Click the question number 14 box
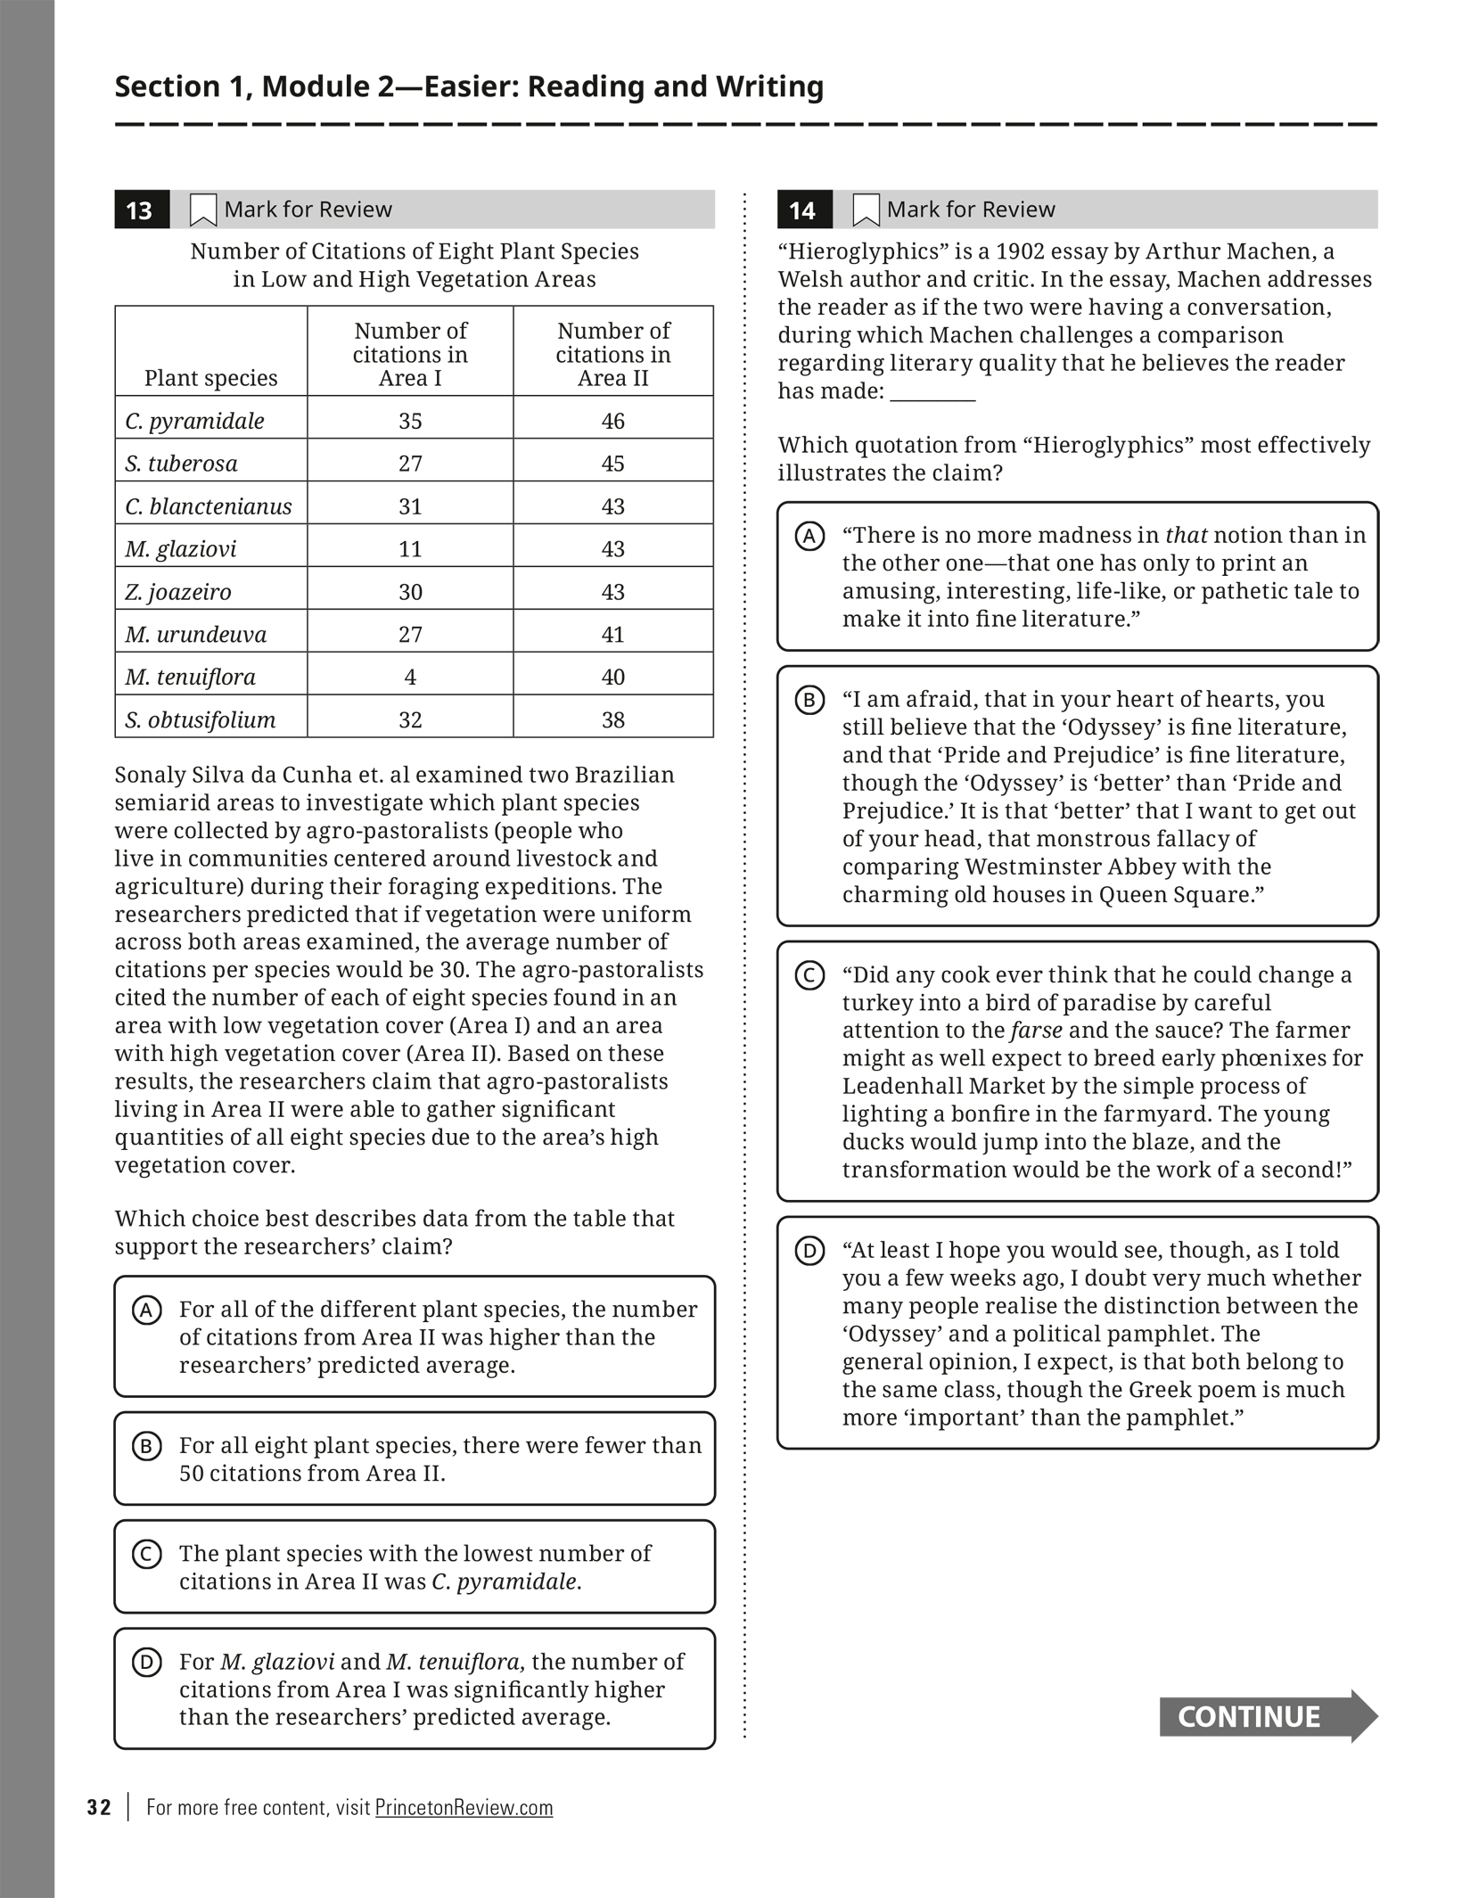803,210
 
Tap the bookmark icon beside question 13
203,210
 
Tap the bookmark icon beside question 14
866,210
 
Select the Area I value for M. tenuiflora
410,677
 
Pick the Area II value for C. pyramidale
613,421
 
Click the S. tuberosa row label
182,464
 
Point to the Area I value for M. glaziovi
410,548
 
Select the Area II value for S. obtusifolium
613,719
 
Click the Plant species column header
211,378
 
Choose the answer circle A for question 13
147,1311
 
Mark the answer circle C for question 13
147,1555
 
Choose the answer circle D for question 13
147,1663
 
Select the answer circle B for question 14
809,701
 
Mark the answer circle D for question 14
809,1252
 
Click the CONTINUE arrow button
1267,1716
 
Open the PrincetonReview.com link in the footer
464,1807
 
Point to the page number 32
99,1807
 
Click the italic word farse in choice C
1036,1031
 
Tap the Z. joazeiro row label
178,592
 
